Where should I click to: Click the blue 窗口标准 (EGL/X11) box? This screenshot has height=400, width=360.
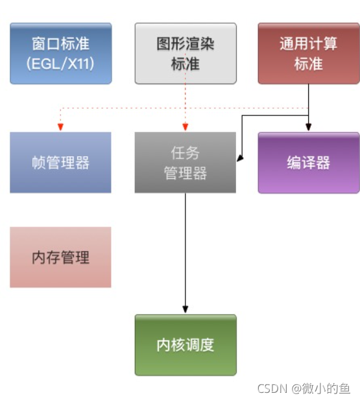click(x=60, y=54)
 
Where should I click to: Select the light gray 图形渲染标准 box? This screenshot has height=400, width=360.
click(x=185, y=54)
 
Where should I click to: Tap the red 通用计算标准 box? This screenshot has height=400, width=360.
click(x=309, y=54)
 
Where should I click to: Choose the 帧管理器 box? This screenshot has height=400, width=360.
click(x=60, y=163)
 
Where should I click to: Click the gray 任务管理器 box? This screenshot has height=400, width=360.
click(x=185, y=163)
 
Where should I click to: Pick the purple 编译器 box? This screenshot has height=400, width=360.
click(x=309, y=163)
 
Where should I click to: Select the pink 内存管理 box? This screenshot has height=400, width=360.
click(x=60, y=257)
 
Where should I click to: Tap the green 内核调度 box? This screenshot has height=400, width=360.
click(x=185, y=345)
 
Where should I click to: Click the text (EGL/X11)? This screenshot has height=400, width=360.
click(x=60, y=64)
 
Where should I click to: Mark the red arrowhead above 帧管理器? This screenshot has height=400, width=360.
click(x=60, y=127)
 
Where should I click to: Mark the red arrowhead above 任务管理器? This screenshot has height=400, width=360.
click(x=185, y=127)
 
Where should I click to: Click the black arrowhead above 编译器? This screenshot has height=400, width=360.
click(x=309, y=127)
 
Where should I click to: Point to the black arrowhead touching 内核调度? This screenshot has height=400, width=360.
click(x=185, y=309)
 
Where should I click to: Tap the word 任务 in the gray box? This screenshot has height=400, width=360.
click(x=185, y=154)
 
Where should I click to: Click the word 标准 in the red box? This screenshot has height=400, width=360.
click(x=309, y=64)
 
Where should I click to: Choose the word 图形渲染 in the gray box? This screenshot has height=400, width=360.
click(x=185, y=44)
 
